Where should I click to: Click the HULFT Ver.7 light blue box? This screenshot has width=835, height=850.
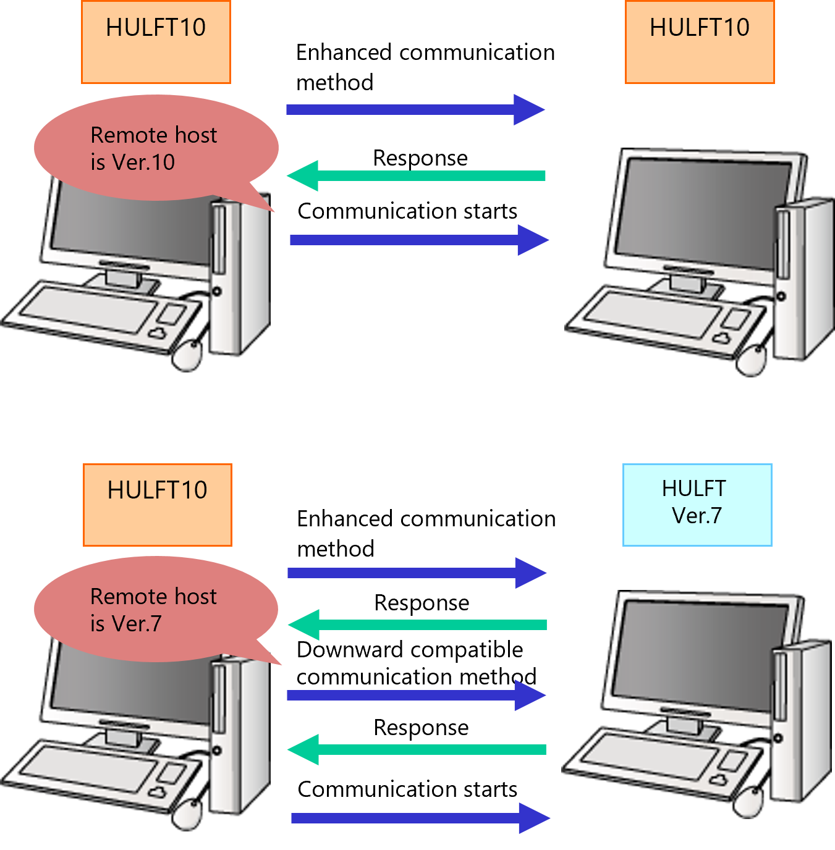[x=697, y=505]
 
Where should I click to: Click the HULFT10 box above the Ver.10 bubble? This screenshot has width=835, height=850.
[x=156, y=42]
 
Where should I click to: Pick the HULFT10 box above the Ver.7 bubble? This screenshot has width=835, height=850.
[x=158, y=505]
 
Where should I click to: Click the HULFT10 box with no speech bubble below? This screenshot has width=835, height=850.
[x=700, y=42]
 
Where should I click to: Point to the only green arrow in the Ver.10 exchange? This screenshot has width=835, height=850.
[x=415, y=176]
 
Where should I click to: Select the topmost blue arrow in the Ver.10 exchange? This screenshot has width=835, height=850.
[x=415, y=110]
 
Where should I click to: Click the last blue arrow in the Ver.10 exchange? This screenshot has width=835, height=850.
[x=419, y=240]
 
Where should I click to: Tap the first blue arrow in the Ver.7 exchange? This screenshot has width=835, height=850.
[x=417, y=573]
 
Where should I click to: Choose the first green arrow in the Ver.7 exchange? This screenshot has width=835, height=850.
[x=417, y=625]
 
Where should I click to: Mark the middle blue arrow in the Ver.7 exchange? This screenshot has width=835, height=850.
[x=416, y=696]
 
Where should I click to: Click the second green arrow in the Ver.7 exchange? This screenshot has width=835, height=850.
[x=417, y=749]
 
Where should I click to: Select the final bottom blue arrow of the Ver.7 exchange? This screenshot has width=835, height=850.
[x=420, y=818]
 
